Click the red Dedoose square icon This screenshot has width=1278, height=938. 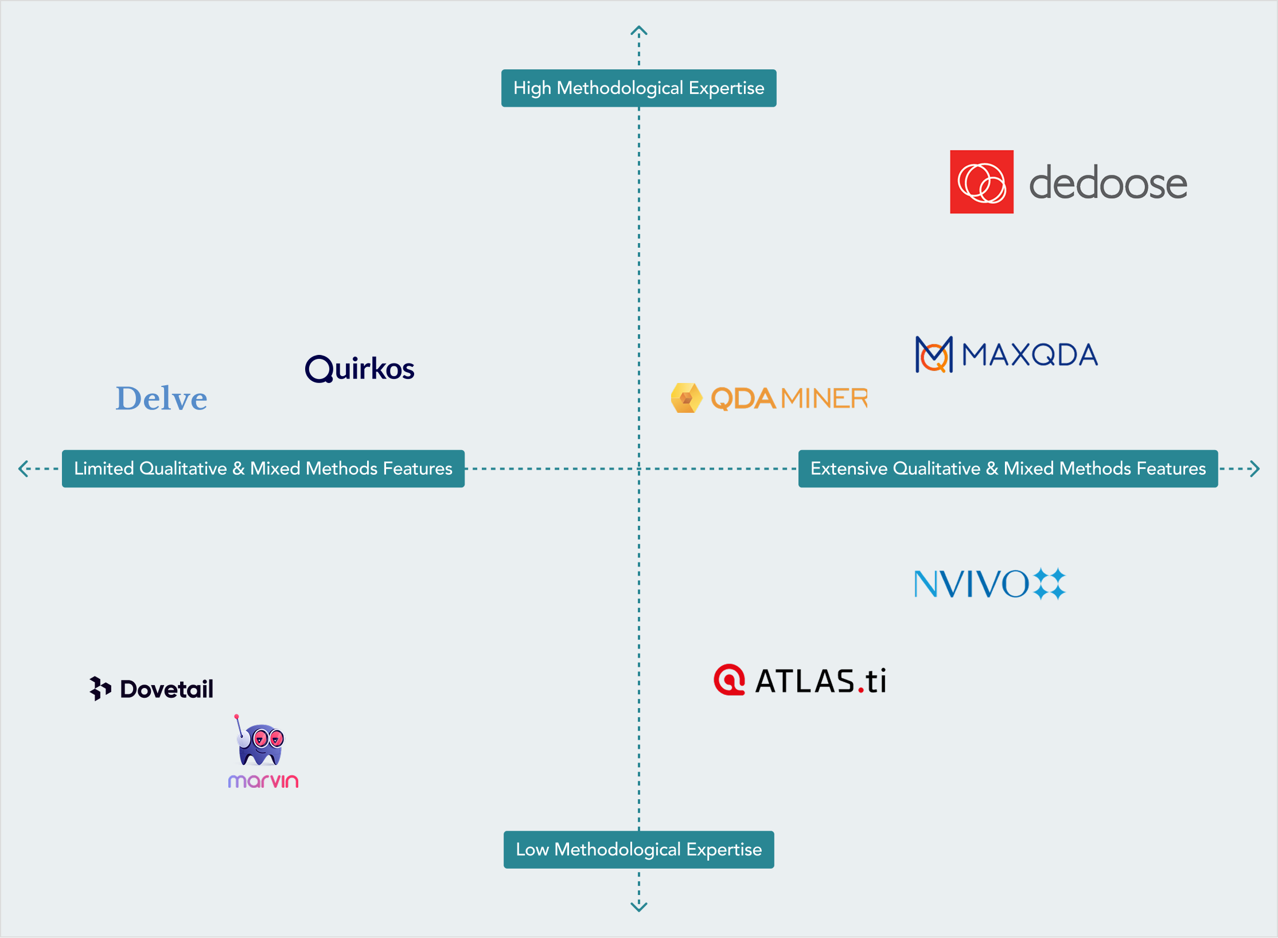pos(981,182)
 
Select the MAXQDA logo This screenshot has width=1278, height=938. pos(1007,354)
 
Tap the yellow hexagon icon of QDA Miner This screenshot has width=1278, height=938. pos(686,398)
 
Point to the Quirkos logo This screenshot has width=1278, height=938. pos(360,368)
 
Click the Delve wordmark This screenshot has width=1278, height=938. pos(161,398)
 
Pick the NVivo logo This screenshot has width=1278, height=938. pos(989,584)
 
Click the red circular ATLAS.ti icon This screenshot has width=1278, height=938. pos(729,680)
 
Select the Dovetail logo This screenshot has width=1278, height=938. pos(151,689)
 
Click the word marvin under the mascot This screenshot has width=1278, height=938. pos(263,781)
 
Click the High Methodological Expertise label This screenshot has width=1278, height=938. pos(638,88)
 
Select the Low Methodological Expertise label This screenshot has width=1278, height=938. pos(638,849)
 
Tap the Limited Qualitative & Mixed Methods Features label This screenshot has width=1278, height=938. pos(263,468)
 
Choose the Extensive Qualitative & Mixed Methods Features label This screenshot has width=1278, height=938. pos(1008,468)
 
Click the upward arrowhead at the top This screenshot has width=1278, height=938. pos(638,30)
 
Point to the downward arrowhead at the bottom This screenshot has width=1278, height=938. pos(638,906)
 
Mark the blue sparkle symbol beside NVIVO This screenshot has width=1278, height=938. pos(1049,584)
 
